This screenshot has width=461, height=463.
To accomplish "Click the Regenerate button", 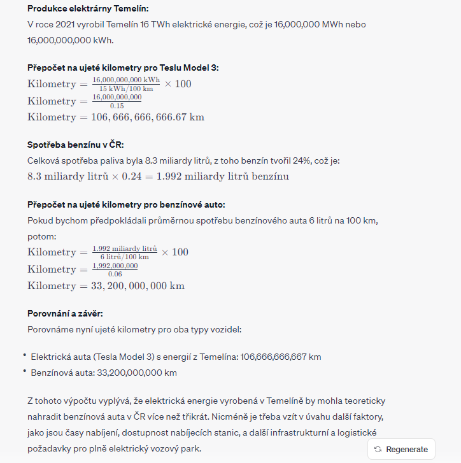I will (x=401, y=449).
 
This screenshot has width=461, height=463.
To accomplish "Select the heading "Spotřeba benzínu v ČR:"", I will (x=75, y=145).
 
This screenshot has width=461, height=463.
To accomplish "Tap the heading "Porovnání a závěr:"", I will (x=65, y=314).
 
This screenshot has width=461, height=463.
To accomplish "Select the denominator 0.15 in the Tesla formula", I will (x=117, y=106).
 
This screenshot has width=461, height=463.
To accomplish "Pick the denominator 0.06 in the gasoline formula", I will (x=115, y=274).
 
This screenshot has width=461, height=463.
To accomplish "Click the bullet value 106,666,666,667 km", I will (x=281, y=357).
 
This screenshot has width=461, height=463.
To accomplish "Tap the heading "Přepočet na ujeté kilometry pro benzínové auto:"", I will (x=126, y=205).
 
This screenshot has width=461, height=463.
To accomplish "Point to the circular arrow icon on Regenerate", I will (x=378, y=449).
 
